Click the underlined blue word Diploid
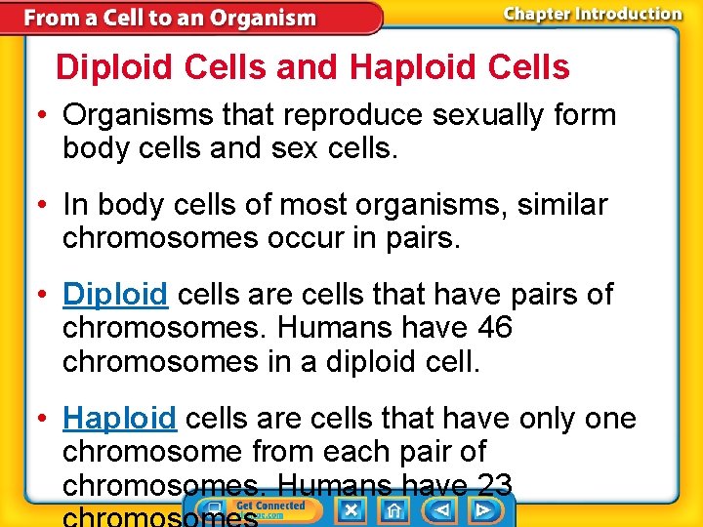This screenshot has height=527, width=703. (115, 294)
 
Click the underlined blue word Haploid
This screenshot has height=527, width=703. (119, 419)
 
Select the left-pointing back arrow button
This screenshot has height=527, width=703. (440, 509)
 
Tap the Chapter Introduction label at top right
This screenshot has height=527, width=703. (592, 14)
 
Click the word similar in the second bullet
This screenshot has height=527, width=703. (553, 205)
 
